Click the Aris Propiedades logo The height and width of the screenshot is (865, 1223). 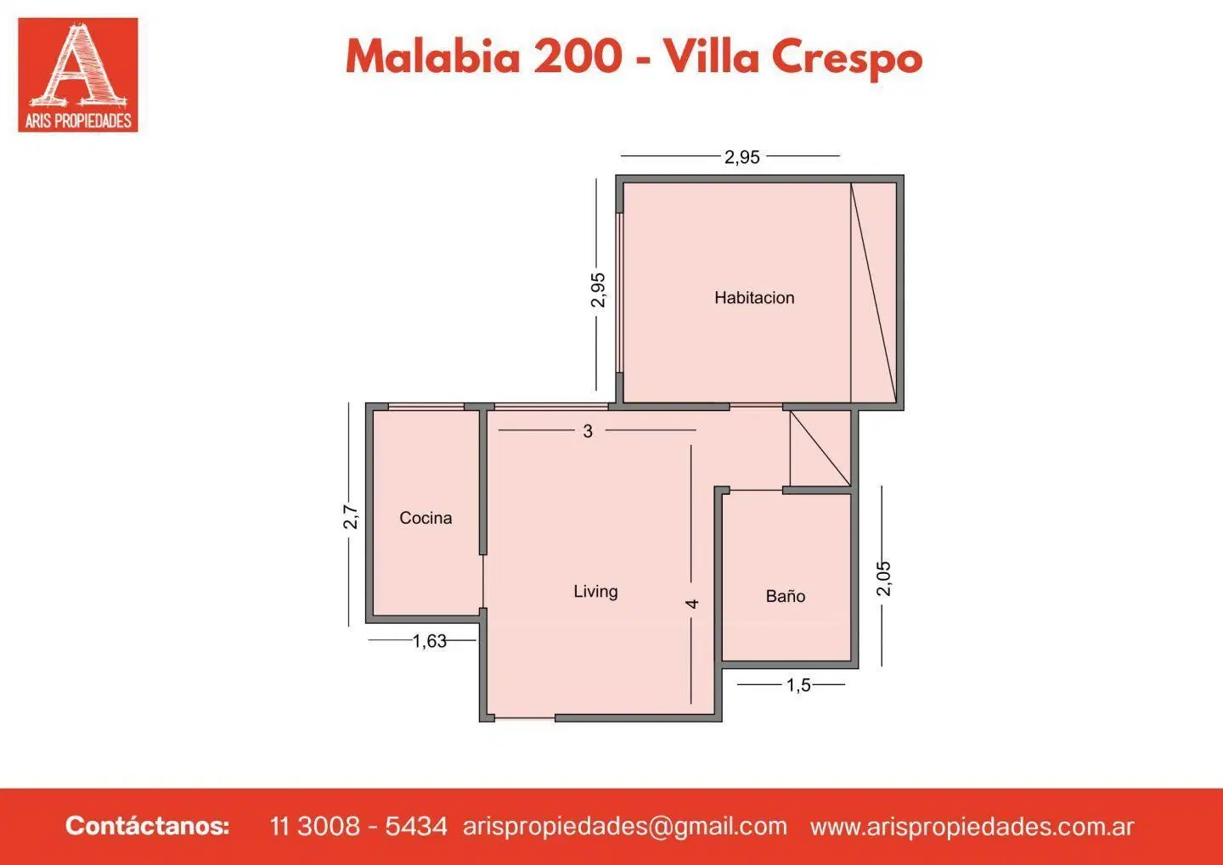[x=77, y=75]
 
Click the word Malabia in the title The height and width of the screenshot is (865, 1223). [x=433, y=58]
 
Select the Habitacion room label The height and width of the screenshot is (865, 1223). [x=754, y=297]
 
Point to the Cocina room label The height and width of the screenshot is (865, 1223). [x=426, y=517]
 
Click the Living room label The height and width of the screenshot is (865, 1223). [x=595, y=592]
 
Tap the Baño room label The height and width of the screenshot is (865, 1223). [x=785, y=596]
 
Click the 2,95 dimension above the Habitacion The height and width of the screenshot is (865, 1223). [x=742, y=157]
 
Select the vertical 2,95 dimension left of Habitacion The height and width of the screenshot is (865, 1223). [x=599, y=289]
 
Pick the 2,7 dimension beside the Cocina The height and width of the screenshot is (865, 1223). [x=351, y=517]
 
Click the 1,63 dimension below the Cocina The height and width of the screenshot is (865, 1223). [x=429, y=641]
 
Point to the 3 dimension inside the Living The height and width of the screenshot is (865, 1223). [x=588, y=431]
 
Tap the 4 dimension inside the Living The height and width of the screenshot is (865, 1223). [x=691, y=604]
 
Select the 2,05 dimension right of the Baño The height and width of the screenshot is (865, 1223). [x=883, y=578]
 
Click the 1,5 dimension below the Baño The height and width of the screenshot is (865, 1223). [x=798, y=685]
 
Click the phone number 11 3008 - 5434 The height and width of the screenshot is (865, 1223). [x=358, y=826]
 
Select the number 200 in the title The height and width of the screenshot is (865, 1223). [x=578, y=58]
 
